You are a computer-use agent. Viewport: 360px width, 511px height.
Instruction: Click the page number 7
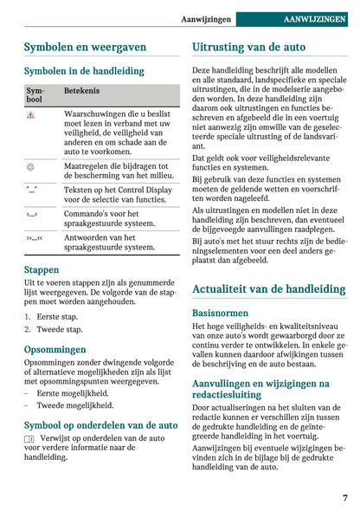point(344,498)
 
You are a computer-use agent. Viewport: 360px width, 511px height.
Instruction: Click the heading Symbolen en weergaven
point(85,47)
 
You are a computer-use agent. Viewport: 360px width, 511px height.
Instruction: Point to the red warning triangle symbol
point(30,114)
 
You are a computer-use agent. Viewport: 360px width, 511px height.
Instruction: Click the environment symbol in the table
point(30,165)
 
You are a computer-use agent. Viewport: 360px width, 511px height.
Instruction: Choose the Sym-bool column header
point(34,94)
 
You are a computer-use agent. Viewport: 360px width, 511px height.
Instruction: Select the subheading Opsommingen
point(55,349)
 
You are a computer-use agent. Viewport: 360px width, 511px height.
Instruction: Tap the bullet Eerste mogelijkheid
point(74,392)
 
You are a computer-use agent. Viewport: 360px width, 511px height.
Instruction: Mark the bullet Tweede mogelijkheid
point(75,404)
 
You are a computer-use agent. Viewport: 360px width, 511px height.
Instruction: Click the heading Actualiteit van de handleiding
point(269,288)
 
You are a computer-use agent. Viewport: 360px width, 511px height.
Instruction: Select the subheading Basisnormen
point(220,313)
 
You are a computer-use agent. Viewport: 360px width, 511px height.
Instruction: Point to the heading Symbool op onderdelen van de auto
point(100,424)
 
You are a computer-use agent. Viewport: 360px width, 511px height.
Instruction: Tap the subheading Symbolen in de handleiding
point(83,71)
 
